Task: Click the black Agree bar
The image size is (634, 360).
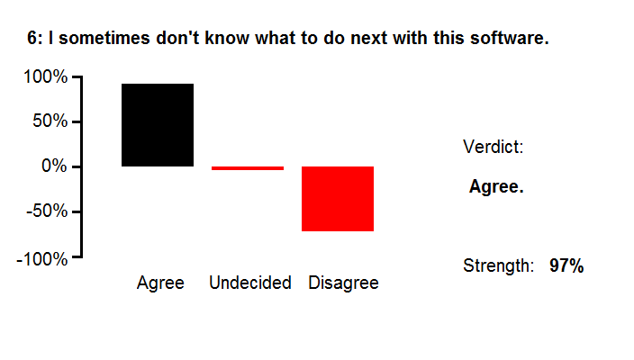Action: [x=158, y=125]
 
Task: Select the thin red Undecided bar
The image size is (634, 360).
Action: [x=248, y=168]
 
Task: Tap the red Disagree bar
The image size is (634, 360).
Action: [x=338, y=199]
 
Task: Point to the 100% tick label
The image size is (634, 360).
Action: [x=46, y=76]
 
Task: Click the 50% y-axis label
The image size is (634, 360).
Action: [x=50, y=121]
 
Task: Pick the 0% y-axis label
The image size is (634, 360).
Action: [x=54, y=166]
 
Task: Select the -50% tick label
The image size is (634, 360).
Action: [x=47, y=211]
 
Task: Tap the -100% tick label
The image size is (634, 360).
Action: [x=42, y=259]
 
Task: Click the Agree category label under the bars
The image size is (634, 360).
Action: [x=160, y=283]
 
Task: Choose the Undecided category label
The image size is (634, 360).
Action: [x=250, y=283]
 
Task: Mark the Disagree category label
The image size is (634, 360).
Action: [x=344, y=283]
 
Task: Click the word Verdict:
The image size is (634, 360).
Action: [x=494, y=147]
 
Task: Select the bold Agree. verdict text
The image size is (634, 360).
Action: [x=496, y=186]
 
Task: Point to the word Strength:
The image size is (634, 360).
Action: [x=499, y=265]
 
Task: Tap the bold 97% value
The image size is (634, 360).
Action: [x=566, y=265]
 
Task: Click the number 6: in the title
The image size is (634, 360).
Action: [x=35, y=39]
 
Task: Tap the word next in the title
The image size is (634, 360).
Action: [x=369, y=39]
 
